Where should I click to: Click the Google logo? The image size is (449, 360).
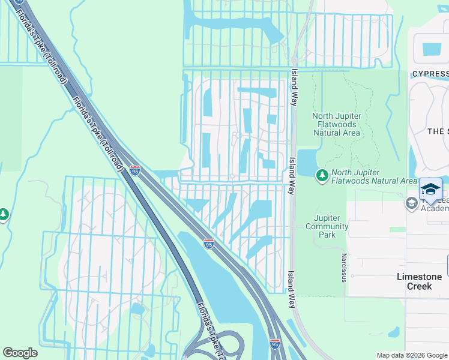click(x=20, y=353)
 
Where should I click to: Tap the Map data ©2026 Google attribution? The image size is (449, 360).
click(x=412, y=355)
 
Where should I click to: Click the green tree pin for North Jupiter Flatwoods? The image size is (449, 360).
click(x=322, y=175)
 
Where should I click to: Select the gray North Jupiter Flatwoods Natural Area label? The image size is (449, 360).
click(x=336, y=124)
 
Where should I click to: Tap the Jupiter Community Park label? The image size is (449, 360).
click(x=327, y=226)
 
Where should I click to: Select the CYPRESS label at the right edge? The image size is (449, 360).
click(x=430, y=74)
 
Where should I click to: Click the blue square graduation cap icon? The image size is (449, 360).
click(x=430, y=190)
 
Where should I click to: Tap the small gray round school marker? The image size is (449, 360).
click(x=412, y=203)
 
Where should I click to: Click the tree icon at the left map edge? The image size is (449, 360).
click(x=3, y=214)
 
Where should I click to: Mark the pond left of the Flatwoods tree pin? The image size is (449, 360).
click(x=307, y=161)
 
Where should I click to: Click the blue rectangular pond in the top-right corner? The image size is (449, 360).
click(x=432, y=49)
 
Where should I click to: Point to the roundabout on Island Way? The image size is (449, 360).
click(x=294, y=61)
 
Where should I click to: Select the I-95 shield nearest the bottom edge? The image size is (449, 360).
click(x=274, y=344)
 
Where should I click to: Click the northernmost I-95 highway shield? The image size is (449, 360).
click(x=135, y=171)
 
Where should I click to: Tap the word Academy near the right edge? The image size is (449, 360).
click(x=435, y=208)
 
